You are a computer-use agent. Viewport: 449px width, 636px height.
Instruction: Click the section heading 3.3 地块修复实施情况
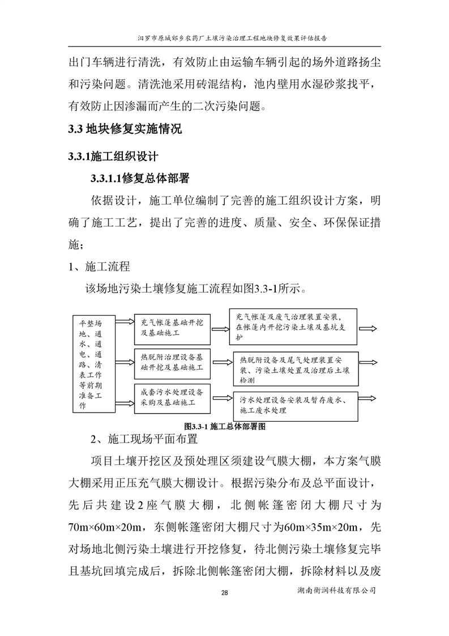[124, 129]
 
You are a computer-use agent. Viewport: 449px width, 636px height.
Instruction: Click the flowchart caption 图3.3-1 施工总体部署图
[225, 425]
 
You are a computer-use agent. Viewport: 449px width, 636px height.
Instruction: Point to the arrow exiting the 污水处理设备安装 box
[370, 397]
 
